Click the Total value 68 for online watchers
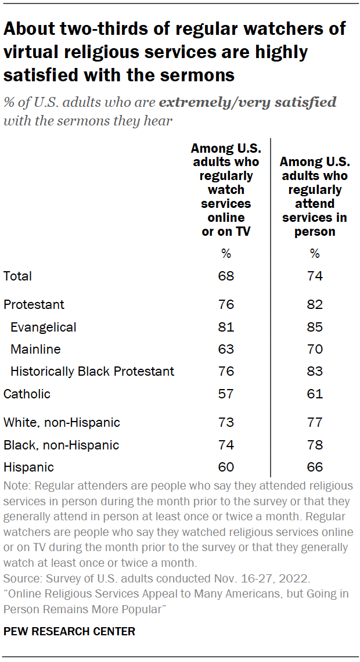click(226, 276)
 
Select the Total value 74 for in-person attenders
click(314, 276)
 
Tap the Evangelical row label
click(44, 327)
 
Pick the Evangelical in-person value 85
click(314, 327)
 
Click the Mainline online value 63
click(226, 349)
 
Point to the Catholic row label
click(27, 394)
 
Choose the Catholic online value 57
click(226, 394)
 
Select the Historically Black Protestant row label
click(92, 371)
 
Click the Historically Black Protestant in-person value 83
click(314, 371)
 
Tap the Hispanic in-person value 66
click(314, 467)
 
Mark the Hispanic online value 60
click(226, 467)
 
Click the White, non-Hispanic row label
click(62, 423)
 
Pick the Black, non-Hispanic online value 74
click(226, 445)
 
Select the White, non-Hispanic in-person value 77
click(314, 423)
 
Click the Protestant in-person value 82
click(314, 304)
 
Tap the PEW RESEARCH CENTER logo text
click(69, 631)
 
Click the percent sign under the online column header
click(226, 254)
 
